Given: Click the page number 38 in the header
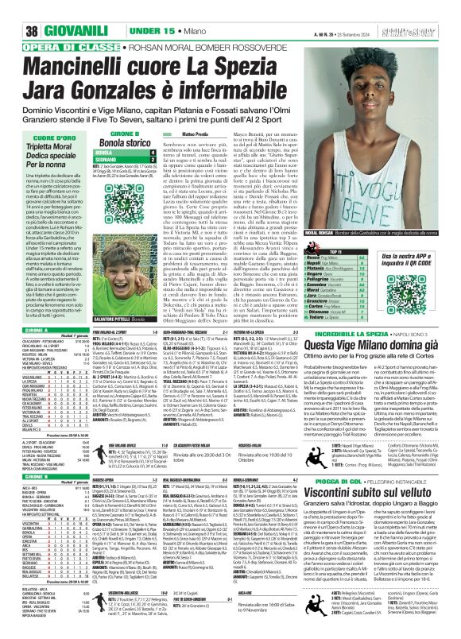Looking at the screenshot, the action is (13, 9).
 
